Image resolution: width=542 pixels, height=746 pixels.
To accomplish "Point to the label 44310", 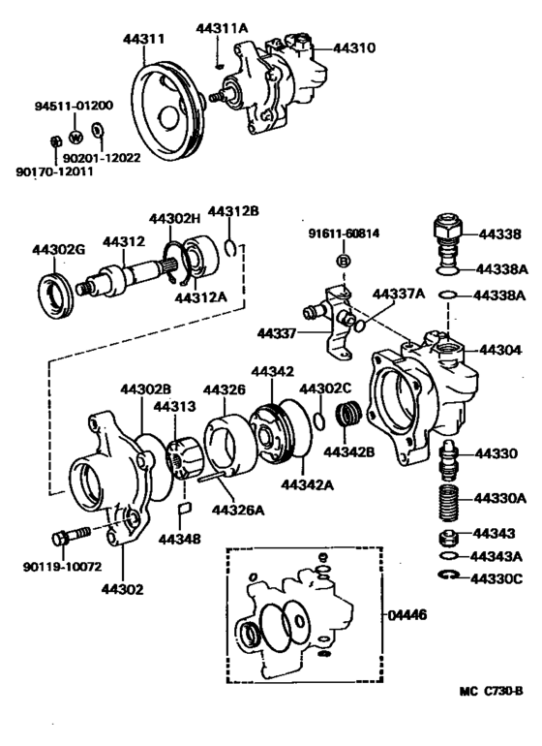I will pos(354,47).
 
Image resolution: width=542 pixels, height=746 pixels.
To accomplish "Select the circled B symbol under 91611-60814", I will pos(342,263).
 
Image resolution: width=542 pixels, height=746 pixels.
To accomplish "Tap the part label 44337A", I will pos(399,294).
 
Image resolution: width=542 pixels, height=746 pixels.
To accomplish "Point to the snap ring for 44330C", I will pos(448,577).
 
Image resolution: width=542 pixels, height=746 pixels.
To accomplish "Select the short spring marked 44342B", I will pos(347,423).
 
